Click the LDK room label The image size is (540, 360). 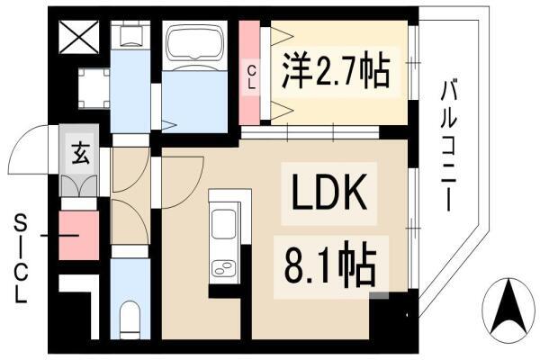coord(328,192)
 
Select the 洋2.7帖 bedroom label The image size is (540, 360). coord(336,73)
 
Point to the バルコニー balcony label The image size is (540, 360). coord(449,146)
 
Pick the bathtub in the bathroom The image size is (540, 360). coord(195,44)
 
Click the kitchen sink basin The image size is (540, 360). coord(223,223)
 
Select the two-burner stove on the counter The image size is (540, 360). coord(223,268)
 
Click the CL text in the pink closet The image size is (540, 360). coord(252,78)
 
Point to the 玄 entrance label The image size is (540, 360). coord(81,153)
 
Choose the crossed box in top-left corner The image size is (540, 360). coord(79,37)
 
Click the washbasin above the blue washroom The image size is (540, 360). coord(130,35)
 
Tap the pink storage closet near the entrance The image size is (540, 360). coord(79,235)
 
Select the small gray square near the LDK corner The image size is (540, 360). coord(379,295)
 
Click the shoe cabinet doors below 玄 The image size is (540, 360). coord(79,185)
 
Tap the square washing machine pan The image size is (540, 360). coord(94,88)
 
